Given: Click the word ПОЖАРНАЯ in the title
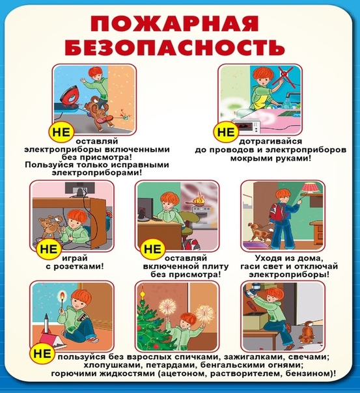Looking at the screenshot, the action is click(x=174, y=24).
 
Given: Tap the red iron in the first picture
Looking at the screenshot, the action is click(x=70, y=98).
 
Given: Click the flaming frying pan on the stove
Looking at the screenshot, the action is click(x=198, y=200).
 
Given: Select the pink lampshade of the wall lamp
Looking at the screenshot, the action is click(x=312, y=187).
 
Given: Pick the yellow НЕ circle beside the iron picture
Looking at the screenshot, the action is click(x=61, y=131).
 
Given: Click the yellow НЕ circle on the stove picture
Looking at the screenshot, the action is click(x=153, y=249).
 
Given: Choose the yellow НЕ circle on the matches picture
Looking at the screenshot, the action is click(x=42, y=353).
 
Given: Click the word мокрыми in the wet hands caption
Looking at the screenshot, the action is click(x=249, y=158).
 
